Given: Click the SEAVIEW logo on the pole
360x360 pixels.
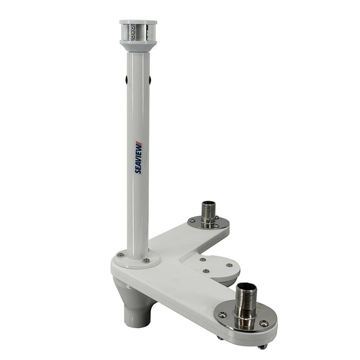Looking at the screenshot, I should tap(138, 157).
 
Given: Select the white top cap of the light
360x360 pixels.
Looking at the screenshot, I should tap(138, 23).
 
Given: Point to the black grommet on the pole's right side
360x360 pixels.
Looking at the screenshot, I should tap(150, 80).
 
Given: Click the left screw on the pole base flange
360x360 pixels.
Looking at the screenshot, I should tap(120, 255).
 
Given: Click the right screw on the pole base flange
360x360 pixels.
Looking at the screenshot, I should tap(146, 261).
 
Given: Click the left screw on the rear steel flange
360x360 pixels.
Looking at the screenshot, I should tap(192, 221).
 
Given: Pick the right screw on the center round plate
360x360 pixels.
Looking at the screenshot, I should tap(229, 266).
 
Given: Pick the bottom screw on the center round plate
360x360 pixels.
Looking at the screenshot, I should tap(205, 271).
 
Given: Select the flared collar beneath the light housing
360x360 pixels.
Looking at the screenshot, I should tap(138, 47).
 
